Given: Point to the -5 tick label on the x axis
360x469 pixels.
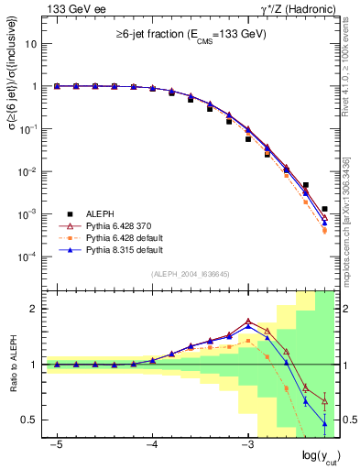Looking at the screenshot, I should coord(57,445).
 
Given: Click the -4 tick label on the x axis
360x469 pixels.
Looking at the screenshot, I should coord(152,445).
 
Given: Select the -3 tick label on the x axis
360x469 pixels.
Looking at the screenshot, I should coord(247,445).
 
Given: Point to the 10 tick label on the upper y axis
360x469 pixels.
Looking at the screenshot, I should coord(31,44).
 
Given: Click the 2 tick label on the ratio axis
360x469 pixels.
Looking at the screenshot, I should coord(35,309).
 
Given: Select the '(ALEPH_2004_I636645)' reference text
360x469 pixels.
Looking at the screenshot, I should coord(190,275).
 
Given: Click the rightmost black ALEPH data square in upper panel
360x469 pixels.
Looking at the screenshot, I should coord(325,209).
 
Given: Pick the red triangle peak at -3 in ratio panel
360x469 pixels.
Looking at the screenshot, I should coord(248,322).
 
